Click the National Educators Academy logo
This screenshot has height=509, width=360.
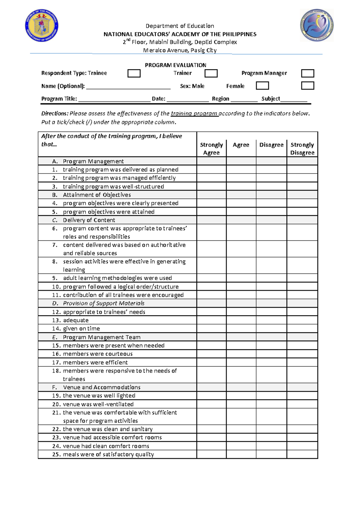click(x=317, y=25)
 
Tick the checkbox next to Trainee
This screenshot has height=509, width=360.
click(x=134, y=74)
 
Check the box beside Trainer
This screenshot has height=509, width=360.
click(x=211, y=74)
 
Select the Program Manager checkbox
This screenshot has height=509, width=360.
click(x=307, y=74)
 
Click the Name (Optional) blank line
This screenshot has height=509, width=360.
click(x=128, y=87)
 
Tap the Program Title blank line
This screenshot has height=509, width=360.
click(x=114, y=100)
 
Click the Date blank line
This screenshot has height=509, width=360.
click(x=188, y=100)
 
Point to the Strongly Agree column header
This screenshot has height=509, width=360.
click(x=211, y=149)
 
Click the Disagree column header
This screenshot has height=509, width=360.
click(x=271, y=145)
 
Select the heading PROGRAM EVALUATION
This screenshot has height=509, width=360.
click(x=175, y=65)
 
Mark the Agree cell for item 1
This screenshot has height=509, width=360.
click(x=241, y=170)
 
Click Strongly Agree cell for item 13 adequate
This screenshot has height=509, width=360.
click(x=211, y=320)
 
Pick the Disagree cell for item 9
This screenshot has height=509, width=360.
click(x=271, y=278)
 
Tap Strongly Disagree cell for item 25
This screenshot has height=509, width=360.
click(x=302, y=454)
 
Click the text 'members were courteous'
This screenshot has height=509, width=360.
click(x=98, y=354)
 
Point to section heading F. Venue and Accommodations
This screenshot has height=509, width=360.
click(x=101, y=387)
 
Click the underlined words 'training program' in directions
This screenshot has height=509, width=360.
click(x=194, y=114)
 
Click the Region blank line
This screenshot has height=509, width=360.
click(x=244, y=100)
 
